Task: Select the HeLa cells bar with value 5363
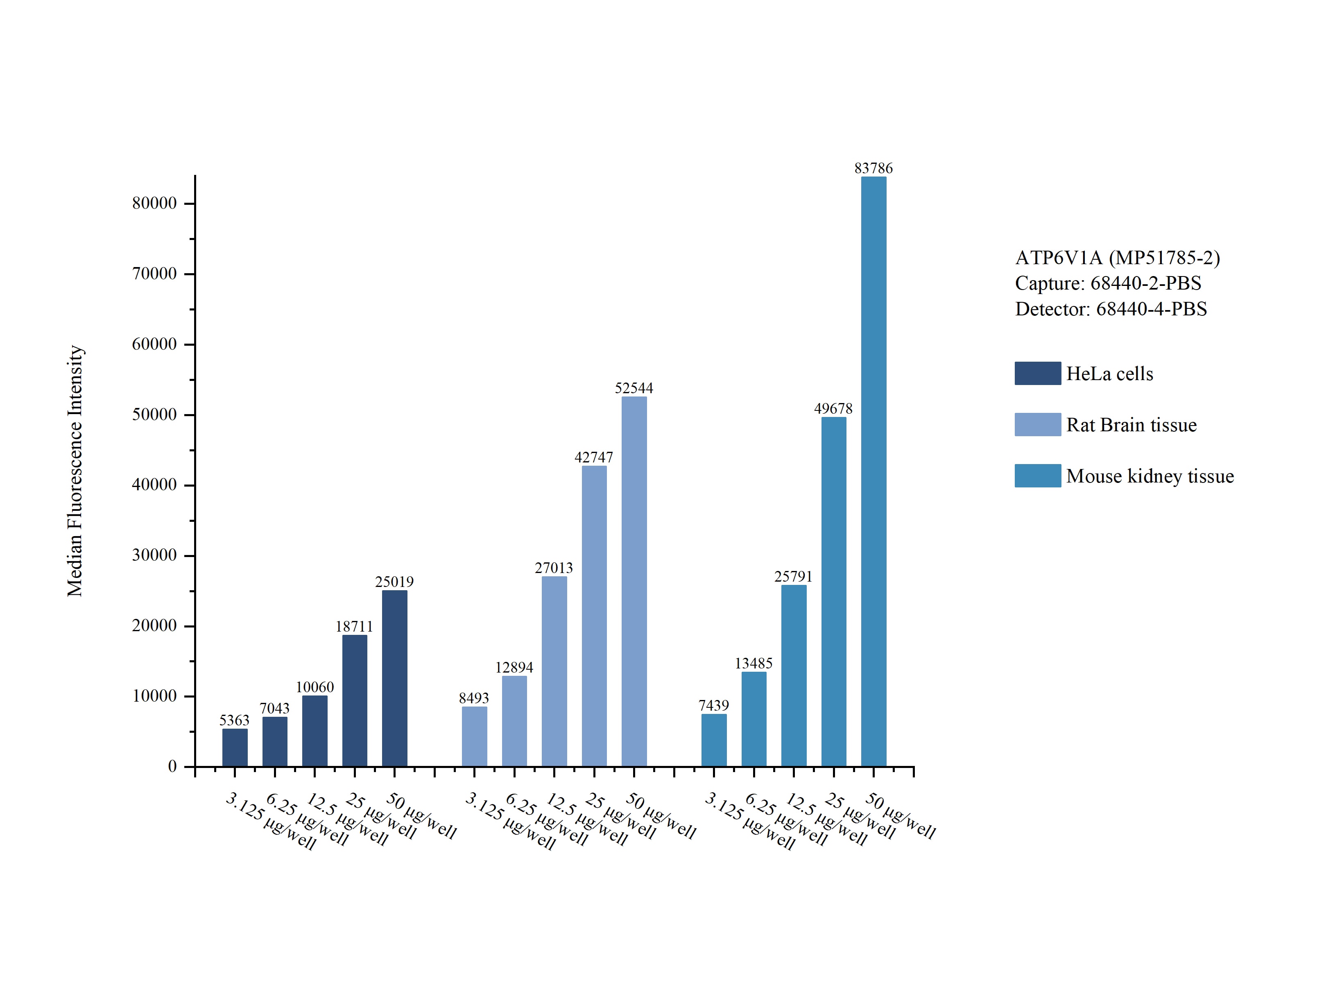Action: click(235, 748)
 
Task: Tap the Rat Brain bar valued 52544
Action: click(634, 581)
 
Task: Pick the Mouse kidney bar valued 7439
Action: click(714, 741)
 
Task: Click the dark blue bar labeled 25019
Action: click(395, 679)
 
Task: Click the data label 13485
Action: click(754, 664)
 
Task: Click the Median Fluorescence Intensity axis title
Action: click(75, 471)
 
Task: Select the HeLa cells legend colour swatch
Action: click(1038, 373)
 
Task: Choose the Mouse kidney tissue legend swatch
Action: click(1038, 476)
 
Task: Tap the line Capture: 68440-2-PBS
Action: click(1108, 283)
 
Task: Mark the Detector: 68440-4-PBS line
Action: click(1111, 309)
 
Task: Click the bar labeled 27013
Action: click(554, 671)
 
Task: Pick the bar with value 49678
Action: click(834, 591)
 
